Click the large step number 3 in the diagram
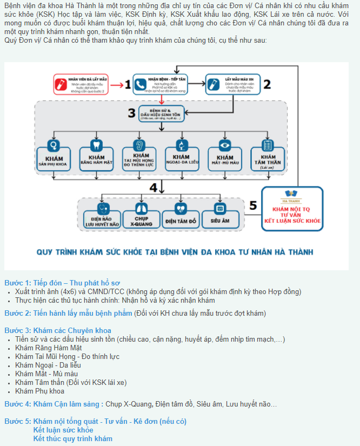click(x=131, y=112)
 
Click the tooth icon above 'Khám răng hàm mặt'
click(x=96, y=145)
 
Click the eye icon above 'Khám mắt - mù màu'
click(x=224, y=145)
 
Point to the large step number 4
click(x=154, y=187)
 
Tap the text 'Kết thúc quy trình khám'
click(x=72, y=438)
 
